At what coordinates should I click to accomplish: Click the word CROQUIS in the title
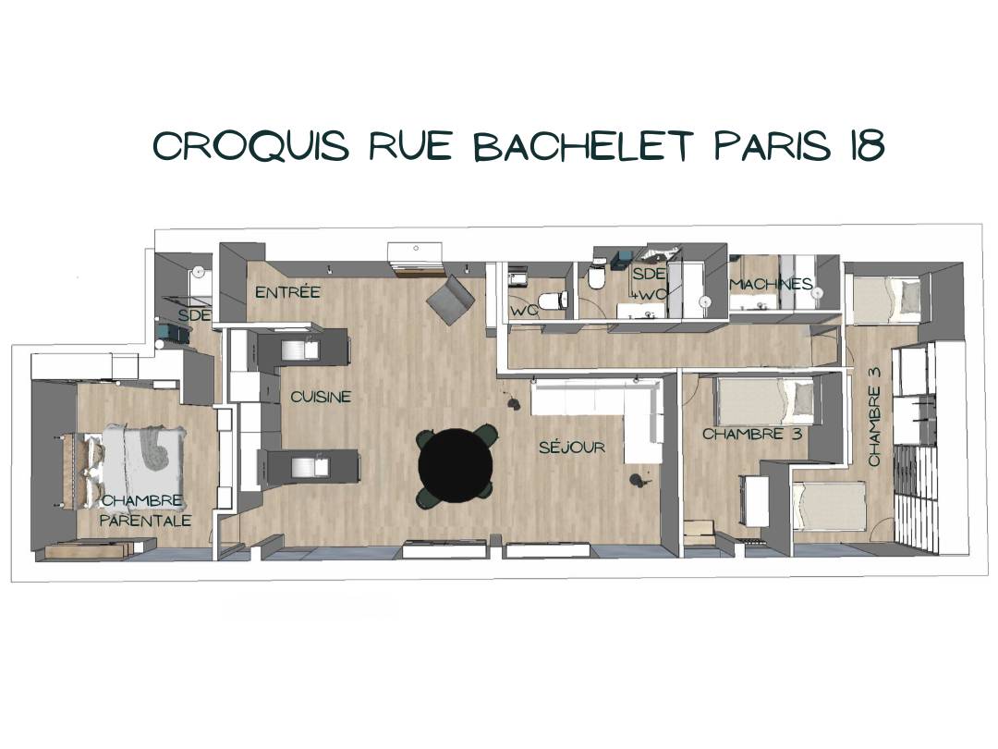pyautogui.click(x=251, y=146)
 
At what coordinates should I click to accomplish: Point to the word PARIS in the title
pyautogui.click(x=773, y=145)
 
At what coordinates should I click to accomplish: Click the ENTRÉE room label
pyautogui.click(x=287, y=292)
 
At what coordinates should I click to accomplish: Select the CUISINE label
pyautogui.click(x=321, y=396)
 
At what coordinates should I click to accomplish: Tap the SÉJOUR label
pyautogui.click(x=572, y=448)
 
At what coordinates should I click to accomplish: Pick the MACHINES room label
pyautogui.click(x=772, y=284)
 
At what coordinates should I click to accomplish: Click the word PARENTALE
pyautogui.click(x=146, y=521)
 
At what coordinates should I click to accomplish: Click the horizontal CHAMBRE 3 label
pyautogui.click(x=751, y=435)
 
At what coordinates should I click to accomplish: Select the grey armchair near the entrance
pyautogui.click(x=451, y=301)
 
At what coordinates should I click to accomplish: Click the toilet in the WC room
pyautogui.click(x=552, y=300)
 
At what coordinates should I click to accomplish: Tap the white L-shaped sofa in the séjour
pyautogui.click(x=599, y=414)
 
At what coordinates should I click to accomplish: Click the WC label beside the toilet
pyautogui.click(x=525, y=312)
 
